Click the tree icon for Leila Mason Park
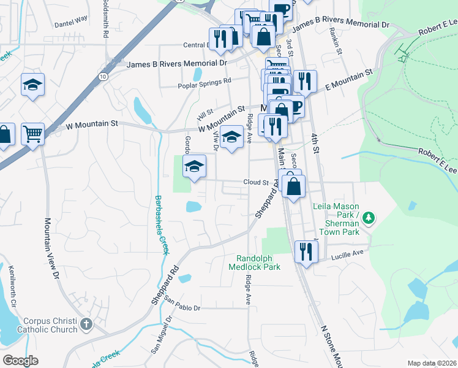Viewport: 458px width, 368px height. [369, 217]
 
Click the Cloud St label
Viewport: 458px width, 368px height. [256, 182]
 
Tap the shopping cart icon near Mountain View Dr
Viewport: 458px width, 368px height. [32, 132]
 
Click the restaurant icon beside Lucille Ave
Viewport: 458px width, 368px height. [306, 251]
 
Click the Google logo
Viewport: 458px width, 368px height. [21, 360]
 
